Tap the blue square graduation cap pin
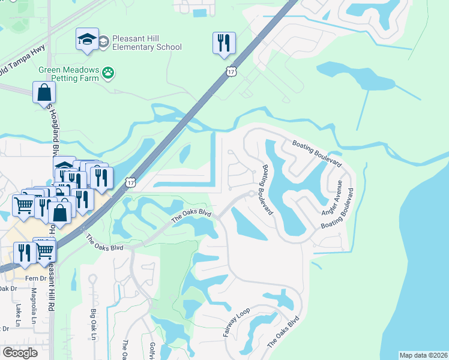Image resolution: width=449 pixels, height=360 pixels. [x=87, y=40]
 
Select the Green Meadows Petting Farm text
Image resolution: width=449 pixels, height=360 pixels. [x=68, y=74]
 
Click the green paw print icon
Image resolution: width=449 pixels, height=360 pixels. [x=109, y=73]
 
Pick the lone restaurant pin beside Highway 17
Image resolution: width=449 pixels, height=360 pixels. [x=223, y=43]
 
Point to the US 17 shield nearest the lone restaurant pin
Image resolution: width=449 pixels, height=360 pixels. [x=231, y=72]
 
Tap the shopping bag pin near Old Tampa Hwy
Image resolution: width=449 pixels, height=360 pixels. [x=44, y=93]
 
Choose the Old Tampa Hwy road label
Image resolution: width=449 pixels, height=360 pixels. [x=23, y=64]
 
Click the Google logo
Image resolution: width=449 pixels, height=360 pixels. [x=20, y=353]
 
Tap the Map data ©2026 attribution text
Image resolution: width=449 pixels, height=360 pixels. [x=423, y=355]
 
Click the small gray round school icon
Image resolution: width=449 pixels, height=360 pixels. [x=103, y=41]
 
